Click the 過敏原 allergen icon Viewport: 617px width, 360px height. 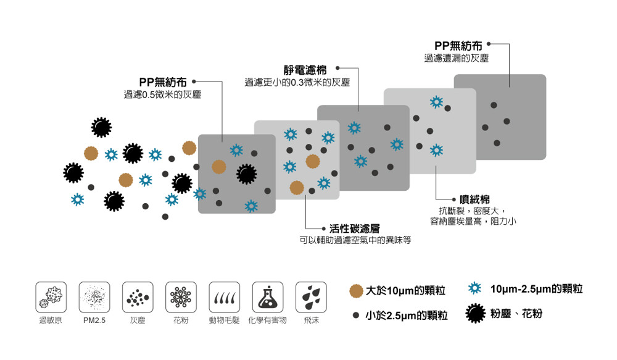[x=51, y=297]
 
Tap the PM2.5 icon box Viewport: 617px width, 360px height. [x=94, y=297]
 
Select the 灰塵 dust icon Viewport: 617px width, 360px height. [x=138, y=297]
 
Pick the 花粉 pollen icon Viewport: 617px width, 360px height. [x=181, y=297]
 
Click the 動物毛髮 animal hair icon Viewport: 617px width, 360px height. [x=224, y=297]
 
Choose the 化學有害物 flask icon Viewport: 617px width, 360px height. [x=267, y=297]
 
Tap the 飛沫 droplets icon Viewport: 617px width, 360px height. [x=311, y=297]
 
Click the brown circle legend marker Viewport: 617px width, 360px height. [x=355, y=290]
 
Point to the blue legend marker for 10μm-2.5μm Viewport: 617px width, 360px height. [x=474, y=288]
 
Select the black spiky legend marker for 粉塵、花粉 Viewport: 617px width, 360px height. [x=474, y=314]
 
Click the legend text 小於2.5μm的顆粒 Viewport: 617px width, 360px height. [x=406, y=316]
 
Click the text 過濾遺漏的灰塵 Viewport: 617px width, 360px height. [x=456, y=58]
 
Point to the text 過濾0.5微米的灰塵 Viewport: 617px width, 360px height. [x=162, y=94]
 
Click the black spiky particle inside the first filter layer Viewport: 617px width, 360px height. [x=246, y=175]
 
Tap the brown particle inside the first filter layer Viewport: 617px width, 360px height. [x=219, y=166]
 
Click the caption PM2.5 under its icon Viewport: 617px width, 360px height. [x=94, y=321]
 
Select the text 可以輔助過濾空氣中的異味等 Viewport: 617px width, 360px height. [x=355, y=240]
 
